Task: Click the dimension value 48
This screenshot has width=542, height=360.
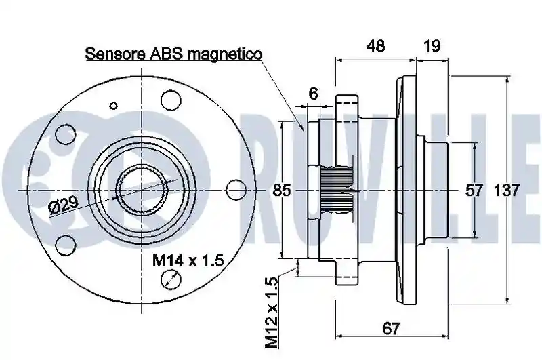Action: click(375, 45)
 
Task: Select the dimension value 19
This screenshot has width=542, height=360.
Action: click(432, 45)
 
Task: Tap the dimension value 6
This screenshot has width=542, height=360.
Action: click(313, 94)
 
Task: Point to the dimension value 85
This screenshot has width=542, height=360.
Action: click(282, 191)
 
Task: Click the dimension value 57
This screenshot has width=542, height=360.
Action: click(473, 191)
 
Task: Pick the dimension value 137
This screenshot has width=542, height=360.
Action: click(506, 191)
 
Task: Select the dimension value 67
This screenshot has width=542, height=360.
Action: click(391, 328)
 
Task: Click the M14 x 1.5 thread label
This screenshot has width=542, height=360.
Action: click(188, 260)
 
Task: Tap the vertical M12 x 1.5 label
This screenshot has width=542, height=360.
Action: click(272, 312)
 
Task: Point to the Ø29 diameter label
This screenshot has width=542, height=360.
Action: click(64, 206)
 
